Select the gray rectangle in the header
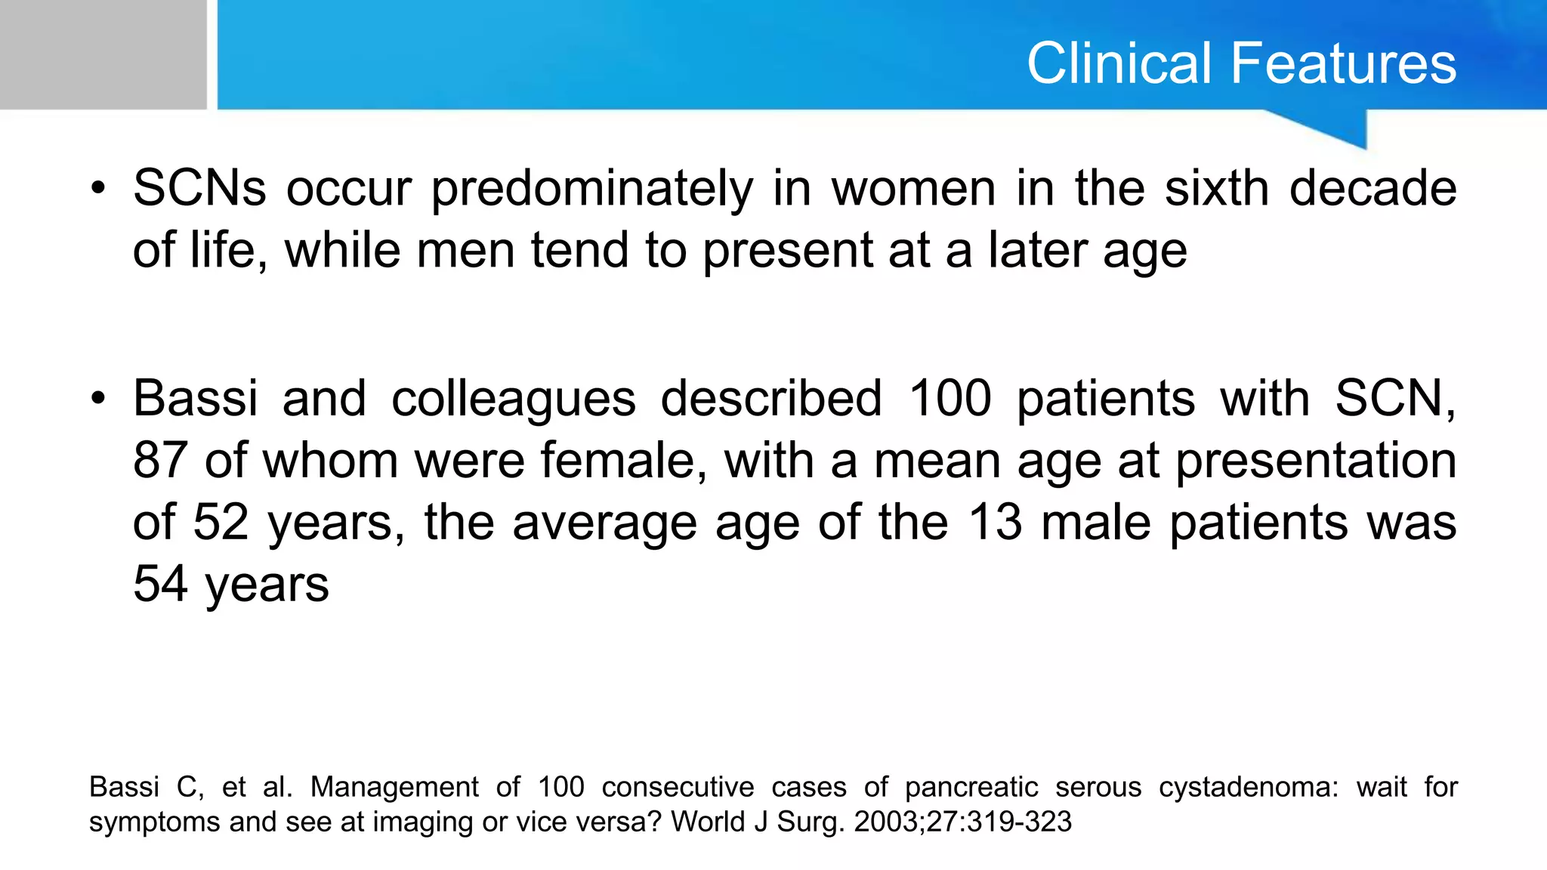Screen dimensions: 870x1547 [x=103, y=54]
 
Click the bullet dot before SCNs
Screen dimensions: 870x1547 [x=97, y=189]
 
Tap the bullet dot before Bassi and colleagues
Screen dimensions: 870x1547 [x=97, y=399]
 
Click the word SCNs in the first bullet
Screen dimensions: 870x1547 [x=199, y=188]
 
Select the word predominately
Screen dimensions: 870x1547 [x=591, y=190]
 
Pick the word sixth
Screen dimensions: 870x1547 [x=1216, y=188]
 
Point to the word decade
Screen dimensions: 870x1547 [x=1373, y=188]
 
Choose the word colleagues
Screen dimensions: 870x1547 [x=513, y=400]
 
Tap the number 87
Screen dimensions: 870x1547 [x=160, y=460]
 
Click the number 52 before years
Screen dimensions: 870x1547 [x=221, y=522]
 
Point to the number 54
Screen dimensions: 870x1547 [x=160, y=584]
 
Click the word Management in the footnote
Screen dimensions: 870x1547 [x=394, y=788]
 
